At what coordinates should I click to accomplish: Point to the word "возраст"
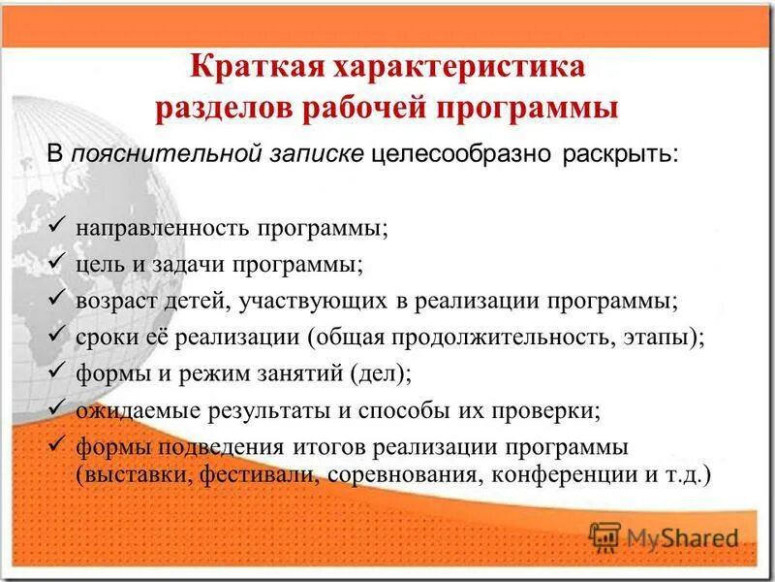click(112, 300)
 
